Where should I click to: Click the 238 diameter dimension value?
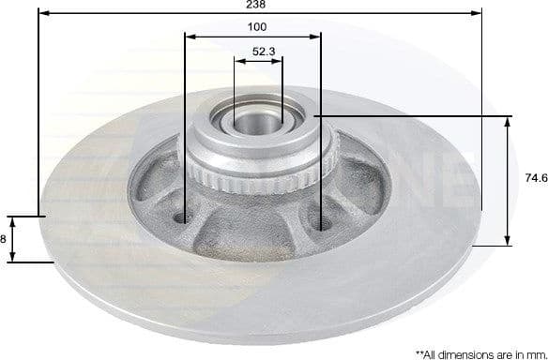pyautogui.click(x=256, y=6)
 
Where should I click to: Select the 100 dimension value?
pyautogui.click(x=256, y=27)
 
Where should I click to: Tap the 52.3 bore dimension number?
pyautogui.click(x=264, y=52)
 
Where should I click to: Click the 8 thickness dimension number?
pyautogui.click(x=3, y=239)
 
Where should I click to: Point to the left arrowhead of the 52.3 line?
pyautogui.click(x=237, y=62)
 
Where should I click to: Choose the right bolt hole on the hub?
pyautogui.click(x=324, y=222)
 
